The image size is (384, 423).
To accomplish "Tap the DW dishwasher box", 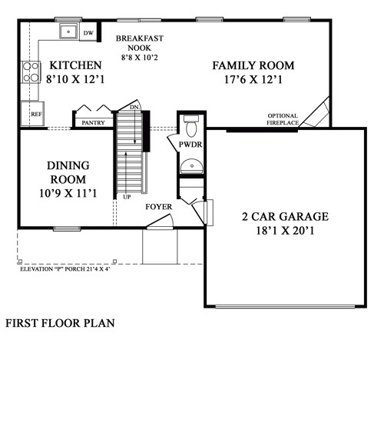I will tap(88, 33).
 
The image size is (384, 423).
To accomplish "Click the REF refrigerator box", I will tap(35, 114).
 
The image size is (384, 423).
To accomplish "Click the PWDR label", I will tap(190, 145).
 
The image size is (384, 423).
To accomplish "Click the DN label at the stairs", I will tap(134, 107).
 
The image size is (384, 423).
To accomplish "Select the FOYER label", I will tap(160, 207).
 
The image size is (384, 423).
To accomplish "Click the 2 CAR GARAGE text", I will tap(284, 216).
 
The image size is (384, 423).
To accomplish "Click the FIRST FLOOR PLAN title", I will tap(60, 323).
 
